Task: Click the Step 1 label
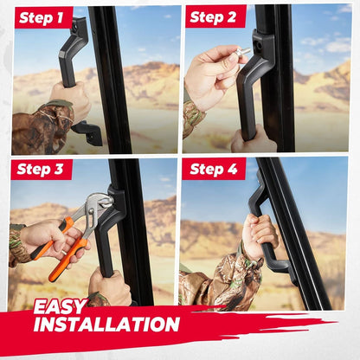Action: click(x=41, y=18)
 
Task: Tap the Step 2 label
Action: click(x=213, y=17)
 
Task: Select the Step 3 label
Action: click(x=40, y=169)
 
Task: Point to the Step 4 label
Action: click(x=214, y=169)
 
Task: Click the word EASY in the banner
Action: click(x=61, y=306)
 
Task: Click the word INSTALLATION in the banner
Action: click(x=106, y=324)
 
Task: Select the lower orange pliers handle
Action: click(x=67, y=258)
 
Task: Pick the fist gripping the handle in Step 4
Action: click(x=260, y=229)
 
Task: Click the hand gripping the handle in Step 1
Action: click(x=71, y=100)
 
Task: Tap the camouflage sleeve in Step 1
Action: click(x=41, y=127)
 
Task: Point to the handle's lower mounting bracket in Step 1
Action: click(x=87, y=132)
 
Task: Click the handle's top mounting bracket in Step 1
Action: click(x=77, y=31)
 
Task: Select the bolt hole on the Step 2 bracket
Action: click(x=259, y=45)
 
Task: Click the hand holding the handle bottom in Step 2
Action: click(x=254, y=140)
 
